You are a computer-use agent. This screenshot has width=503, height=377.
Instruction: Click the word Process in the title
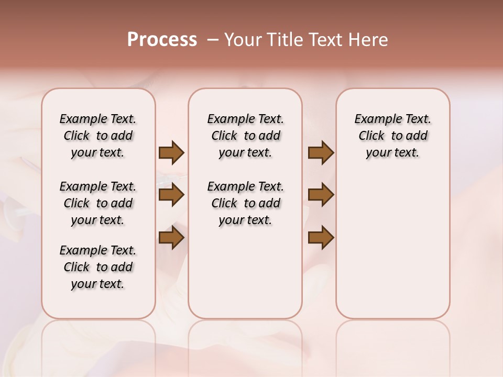coord(162,40)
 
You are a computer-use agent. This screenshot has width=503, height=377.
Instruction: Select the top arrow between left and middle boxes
coord(171,153)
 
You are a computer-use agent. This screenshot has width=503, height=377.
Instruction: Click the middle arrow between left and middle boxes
coord(171,195)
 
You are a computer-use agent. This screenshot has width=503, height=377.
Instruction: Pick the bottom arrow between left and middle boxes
coord(171,238)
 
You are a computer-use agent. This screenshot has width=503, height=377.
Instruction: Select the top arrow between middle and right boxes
coord(321,153)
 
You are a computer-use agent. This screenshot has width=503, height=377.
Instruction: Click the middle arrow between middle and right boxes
coord(321,195)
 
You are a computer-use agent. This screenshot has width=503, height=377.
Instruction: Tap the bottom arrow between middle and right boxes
coord(321,238)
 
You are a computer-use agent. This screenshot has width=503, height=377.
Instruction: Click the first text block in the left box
coord(98,136)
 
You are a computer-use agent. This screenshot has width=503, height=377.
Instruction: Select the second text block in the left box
coord(98,203)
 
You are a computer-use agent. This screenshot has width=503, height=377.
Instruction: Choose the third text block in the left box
coord(98,267)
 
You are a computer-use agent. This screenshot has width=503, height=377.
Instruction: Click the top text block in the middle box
coord(245,136)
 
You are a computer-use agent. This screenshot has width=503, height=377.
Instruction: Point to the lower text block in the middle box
coord(245,203)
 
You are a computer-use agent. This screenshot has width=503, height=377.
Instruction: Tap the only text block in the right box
coord(392,136)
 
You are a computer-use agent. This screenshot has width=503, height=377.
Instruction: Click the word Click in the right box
coord(371,136)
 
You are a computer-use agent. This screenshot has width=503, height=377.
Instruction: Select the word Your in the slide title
coord(243,40)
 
